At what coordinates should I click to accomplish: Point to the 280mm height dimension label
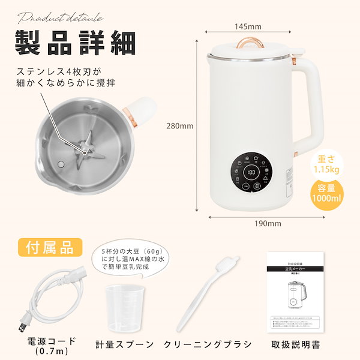coord(181,126)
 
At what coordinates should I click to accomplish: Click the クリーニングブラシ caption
coord(207,344)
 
